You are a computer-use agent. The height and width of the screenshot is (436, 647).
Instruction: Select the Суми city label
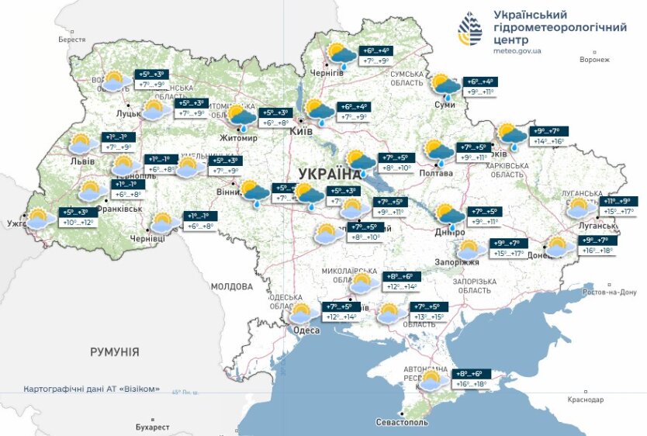click(x=445, y=104)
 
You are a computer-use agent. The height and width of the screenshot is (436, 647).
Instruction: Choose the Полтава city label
click(x=437, y=173)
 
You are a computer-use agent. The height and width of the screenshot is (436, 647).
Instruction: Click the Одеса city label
click(x=306, y=330)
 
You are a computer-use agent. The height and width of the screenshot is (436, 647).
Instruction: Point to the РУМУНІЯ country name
click(x=114, y=352)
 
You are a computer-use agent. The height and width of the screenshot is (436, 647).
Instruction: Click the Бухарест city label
click(x=151, y=427)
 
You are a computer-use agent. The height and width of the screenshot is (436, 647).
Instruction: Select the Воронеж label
click(x=594, y=60)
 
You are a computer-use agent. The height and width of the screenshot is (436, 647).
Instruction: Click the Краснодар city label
click(x=586, y=400)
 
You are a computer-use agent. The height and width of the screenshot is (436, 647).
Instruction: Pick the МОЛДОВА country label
click(x=232, y=286)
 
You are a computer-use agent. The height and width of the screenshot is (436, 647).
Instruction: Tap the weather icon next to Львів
click(x=81, y=144)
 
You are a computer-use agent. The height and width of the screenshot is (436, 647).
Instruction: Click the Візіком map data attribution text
click(x=92, y=389)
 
